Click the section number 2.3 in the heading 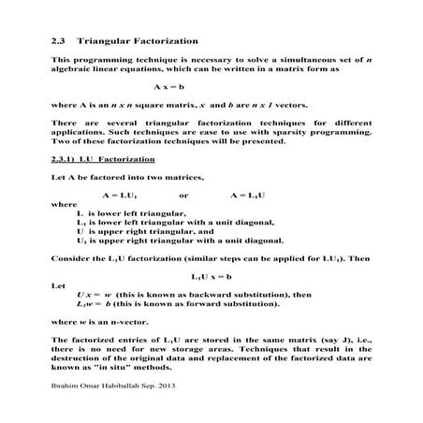tap(59, 42)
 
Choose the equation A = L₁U tap(247, 194)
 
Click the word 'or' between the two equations tap(183, 194)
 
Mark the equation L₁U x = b tap(210, 277)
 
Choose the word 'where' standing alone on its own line tap(65, 203)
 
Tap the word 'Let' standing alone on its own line tap(59, 285)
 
